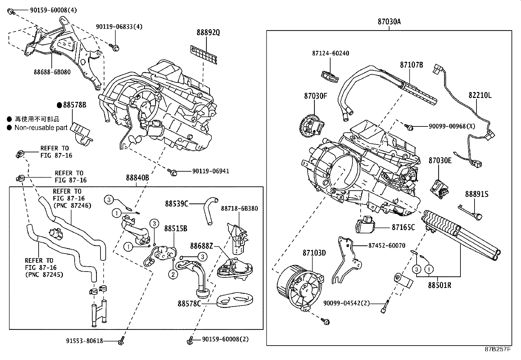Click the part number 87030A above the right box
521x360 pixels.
pyautogui.click(x=389, y=22)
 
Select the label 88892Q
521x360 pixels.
pyautogui.click(x=208, y=32)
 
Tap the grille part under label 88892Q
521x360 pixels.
pyautogui.click(x=204, y=55)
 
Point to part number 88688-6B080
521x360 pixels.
pyautogui.click(x=52, y=72)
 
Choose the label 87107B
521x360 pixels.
pyautogui.click(x=411, y=65)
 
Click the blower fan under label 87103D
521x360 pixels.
pyautogui.click(x=300, y=288)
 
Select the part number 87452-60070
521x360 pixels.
pyautogui.click(x=387, y=245)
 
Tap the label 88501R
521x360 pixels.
pyautogui.click(x=440, y=285)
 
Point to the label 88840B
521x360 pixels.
pyautogui.click(x=137, y=178)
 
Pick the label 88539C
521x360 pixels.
pyautogui.click(x=176, y=204)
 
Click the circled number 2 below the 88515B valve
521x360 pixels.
pyautogui.click(x=173, y=275)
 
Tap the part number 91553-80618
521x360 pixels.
pyautogui.click(x=84, y=341)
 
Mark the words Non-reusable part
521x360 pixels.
pyautogui.click(x=41, y=128)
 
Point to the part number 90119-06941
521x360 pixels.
pyautogui.click(x=211, y=171)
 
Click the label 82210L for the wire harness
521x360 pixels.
pyautogui.click(x=480, y=95)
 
